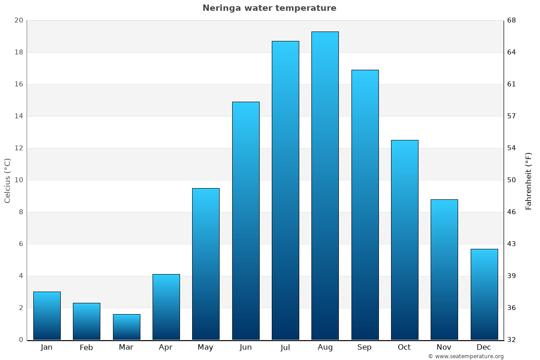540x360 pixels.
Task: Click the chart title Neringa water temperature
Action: (x=269, y=8)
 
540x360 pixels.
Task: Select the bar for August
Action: (x=325, y=185)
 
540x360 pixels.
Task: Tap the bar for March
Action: (x=126, y=327)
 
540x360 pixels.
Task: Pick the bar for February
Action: (x=86, y=321)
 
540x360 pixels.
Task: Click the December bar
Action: (x=484, y=294)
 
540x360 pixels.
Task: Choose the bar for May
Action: (x=206, y=264)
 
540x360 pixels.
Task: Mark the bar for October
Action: (x=405, y=240)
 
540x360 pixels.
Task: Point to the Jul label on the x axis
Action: (x=285, y=347)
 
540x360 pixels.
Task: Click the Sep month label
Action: (x=364, y=347)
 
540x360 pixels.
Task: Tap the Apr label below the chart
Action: (x=166, y=347)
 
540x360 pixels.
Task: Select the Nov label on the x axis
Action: (x=444, y=347)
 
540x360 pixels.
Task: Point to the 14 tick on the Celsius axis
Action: (x=18, y=116)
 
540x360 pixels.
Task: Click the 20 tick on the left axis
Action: (x=18, y=20)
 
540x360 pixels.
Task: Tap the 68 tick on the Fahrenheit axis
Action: (x=512, y=20)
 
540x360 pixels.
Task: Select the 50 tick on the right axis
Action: (x=512, y=180)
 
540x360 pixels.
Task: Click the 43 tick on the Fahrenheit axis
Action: (x=512, y=244)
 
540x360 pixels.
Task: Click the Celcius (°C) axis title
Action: (x=7, y=180)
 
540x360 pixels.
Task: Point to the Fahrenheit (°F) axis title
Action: (x=529, y=180)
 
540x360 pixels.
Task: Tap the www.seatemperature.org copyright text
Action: (x=466, y=356)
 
